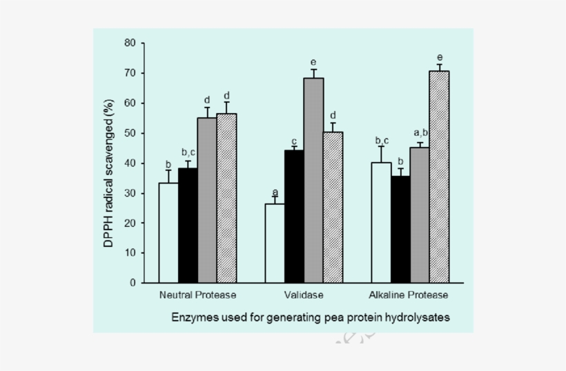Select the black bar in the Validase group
point(294,217)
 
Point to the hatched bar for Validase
point(333,207)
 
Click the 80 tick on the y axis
point(130,43)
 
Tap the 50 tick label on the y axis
point(130,133)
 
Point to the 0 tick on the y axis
point(133,283)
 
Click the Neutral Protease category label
point(197,295)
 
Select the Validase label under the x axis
point(304,295)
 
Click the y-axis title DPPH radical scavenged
point(110,163)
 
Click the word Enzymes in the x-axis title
point(195,317)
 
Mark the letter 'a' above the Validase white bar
point(275,192)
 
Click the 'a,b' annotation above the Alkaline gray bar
point(421,133)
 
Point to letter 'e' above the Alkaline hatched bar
point(440,57)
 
